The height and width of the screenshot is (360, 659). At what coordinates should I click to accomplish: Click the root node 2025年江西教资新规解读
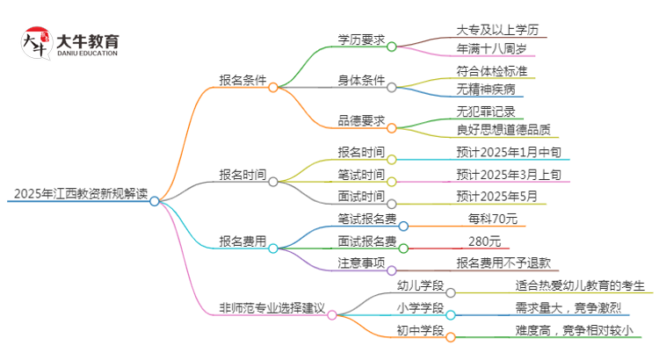point(76,193)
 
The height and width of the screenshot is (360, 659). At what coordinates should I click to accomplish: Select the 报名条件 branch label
point(243,80)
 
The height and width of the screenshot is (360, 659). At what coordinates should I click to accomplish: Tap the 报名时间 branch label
point(243,174)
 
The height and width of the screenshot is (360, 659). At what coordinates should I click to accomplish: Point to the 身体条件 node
point(361,80)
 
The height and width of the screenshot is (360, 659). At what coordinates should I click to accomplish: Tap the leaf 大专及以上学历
point(497,30)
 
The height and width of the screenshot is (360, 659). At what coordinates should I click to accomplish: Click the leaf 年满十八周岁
point(491,48)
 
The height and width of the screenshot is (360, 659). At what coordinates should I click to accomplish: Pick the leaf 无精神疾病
point(485,89)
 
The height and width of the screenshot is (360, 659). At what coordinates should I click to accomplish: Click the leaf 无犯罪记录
point(485,112)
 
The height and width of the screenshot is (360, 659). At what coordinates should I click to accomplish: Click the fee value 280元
point(484,241)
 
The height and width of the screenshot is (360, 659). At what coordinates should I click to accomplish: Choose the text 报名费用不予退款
point(503,263)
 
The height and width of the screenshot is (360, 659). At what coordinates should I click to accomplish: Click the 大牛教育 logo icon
point(37,42)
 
